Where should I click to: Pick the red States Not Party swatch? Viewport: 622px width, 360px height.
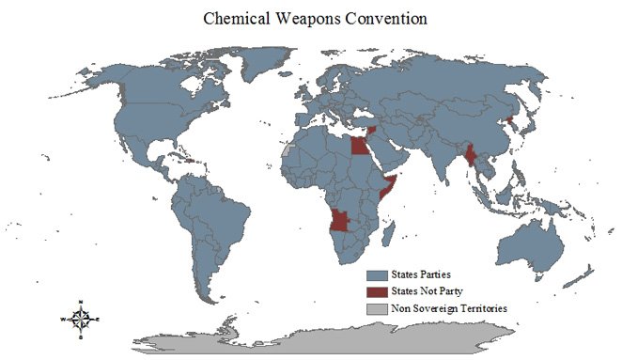pos(377,291)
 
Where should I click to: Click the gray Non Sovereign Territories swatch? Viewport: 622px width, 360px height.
pos(377,307)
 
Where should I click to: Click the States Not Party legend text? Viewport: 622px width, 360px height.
pos(427,291)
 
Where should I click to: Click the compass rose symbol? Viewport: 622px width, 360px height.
pos(82,319)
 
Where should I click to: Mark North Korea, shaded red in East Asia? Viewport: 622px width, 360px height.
pos(511,119)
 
